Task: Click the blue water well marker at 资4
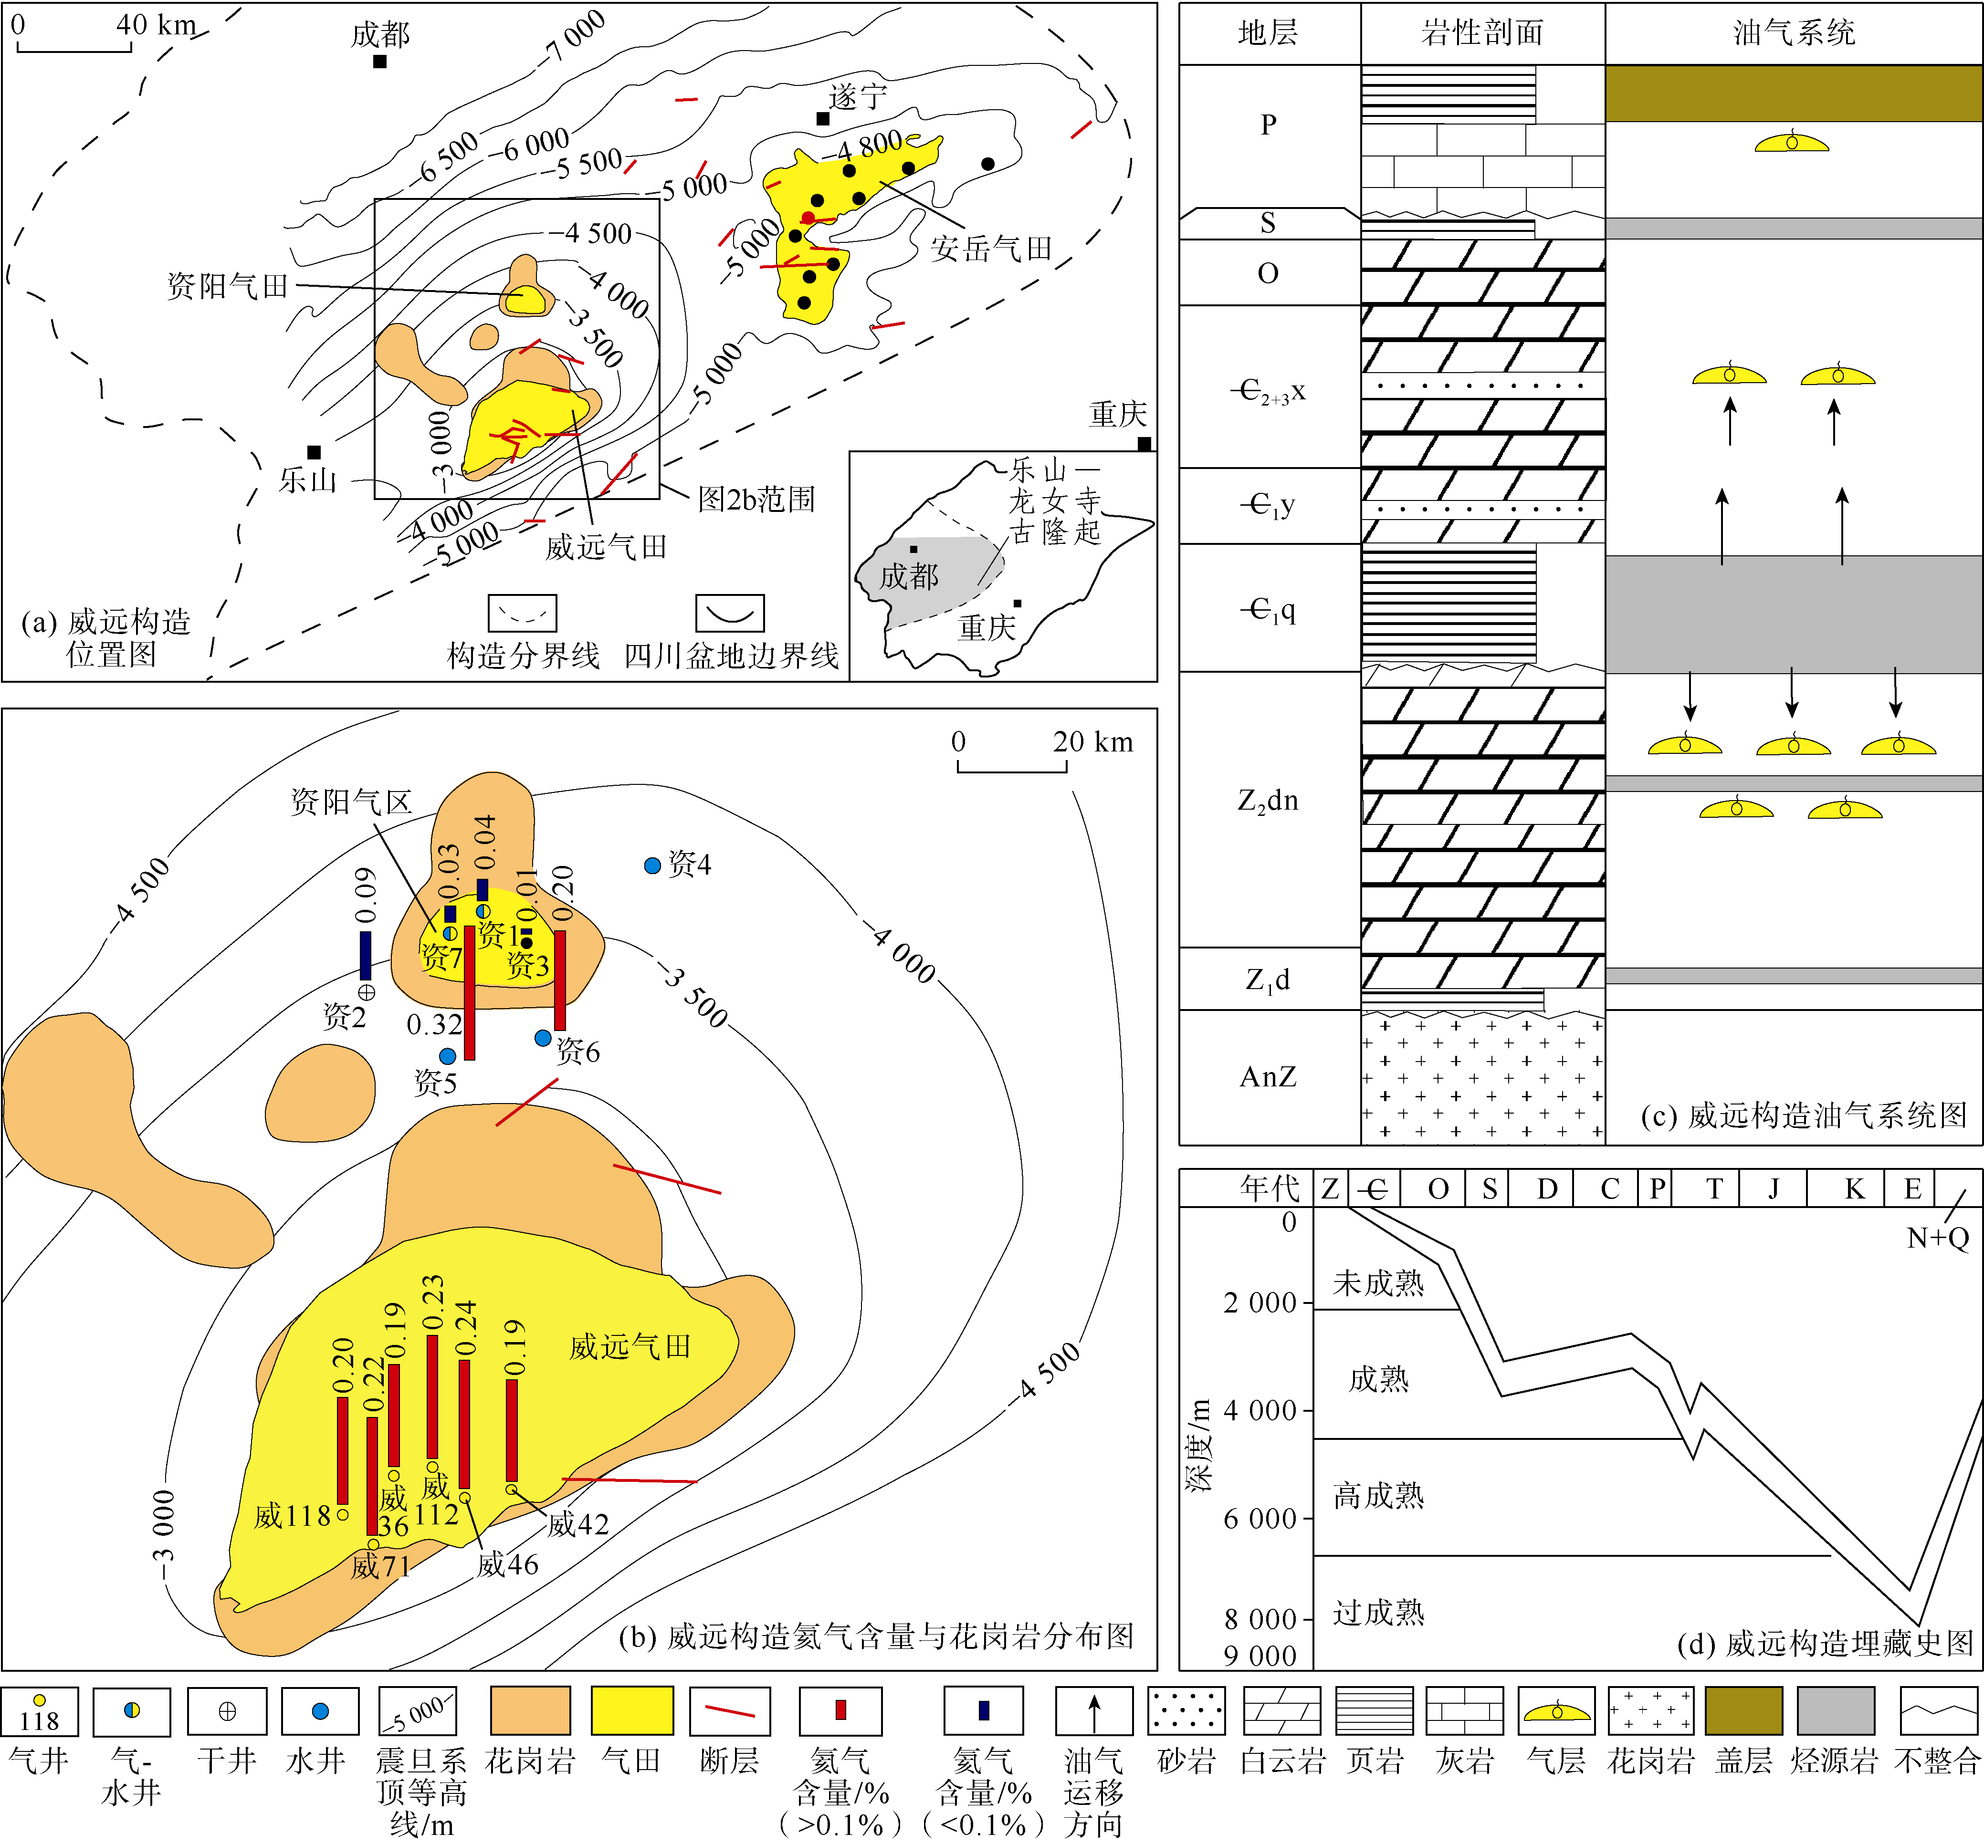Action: [x=653, y=865]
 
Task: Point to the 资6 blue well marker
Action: [x=543, y=1038]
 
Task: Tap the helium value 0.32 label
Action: [x=434, y=1025]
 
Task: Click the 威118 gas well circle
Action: [x=342, y=1514]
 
